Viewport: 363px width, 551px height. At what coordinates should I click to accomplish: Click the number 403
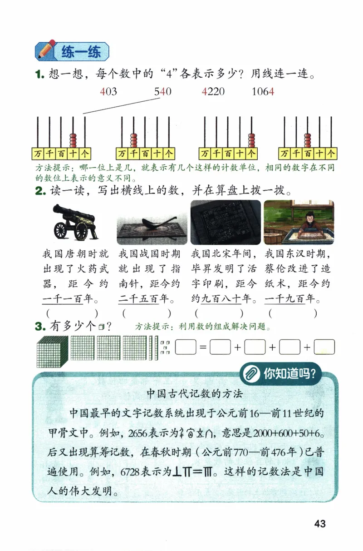[108, 92]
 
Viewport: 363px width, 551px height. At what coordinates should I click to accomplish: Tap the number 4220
[213, 92]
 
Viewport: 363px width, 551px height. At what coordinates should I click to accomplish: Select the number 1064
[263, 92]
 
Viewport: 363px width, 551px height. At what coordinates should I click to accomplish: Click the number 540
[163, 92]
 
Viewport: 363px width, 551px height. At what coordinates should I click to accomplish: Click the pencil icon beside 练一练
[45, 51]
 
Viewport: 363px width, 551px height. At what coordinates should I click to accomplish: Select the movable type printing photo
[226, 222]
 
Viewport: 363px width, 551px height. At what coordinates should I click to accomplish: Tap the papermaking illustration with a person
[299, 222]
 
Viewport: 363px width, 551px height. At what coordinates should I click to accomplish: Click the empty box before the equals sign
[185, 347]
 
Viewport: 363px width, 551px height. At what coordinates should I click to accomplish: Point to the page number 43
[319, 524]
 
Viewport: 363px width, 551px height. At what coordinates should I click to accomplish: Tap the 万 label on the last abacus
[285, 153]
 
